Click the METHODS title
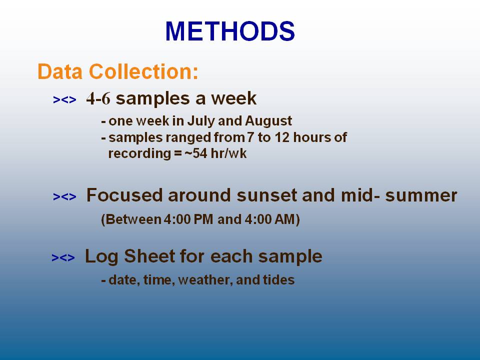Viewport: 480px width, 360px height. (x=230, y=31)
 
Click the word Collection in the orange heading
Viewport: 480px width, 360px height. (x=143, y=71)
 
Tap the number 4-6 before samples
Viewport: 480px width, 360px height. (x=98, y=98)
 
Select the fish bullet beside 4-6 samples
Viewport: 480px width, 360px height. (x=64, y=100)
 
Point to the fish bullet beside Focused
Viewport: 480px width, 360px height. (x=64, y=196)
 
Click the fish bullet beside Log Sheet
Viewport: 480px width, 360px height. (x=63, y=258)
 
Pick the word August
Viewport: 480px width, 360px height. (x=268, y=121)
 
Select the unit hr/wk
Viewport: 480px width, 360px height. (x=228, y=153)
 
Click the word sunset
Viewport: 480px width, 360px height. (x=267, y=195)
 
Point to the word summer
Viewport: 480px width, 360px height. (x=421, y=195)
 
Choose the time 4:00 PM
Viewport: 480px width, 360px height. (x=188, y=219)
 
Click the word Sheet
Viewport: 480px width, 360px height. (x=149, y=256)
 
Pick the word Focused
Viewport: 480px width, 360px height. (x=124, y=195)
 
